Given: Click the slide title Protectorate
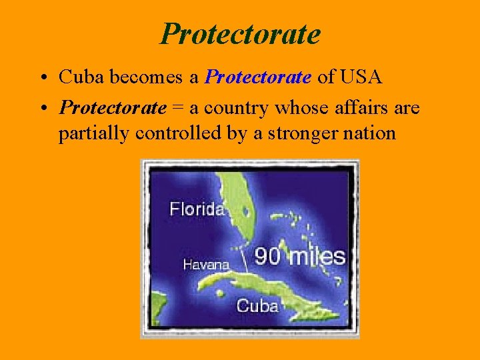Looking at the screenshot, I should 240,33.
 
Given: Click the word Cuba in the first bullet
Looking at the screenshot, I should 77,77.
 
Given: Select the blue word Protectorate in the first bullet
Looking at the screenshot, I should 258,77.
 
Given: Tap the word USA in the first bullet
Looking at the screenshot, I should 361,77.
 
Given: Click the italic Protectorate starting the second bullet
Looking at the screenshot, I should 112,107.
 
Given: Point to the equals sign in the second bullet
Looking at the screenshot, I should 177,108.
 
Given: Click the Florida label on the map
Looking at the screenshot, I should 197,209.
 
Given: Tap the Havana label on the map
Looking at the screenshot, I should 206,265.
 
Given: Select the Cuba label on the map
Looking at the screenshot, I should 257,306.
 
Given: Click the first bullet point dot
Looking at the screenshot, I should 42,78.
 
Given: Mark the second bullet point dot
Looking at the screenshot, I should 42,108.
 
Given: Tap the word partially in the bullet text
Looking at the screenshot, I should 94,133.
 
